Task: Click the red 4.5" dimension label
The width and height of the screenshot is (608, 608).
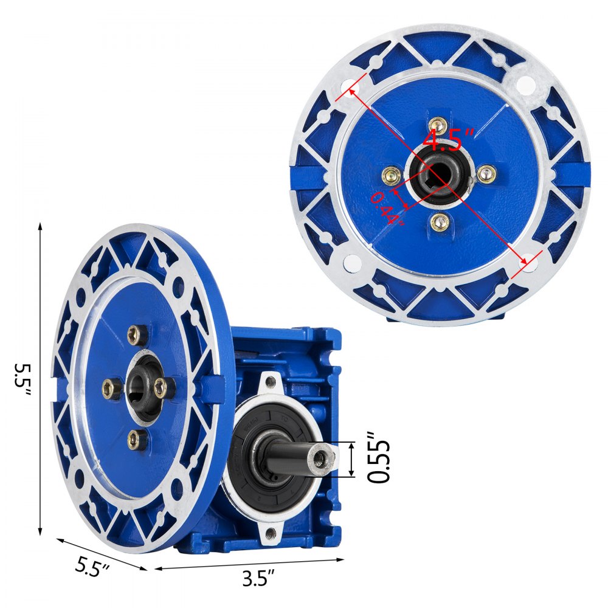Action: [x=448, y=140]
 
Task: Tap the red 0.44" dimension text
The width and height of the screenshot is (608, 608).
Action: [x=386, y=209]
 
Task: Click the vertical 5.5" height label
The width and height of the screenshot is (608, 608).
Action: [x=22, y=379]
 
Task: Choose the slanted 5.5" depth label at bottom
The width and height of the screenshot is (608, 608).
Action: [x=92, y=567]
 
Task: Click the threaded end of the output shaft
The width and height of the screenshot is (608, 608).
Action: [x=322, y=458]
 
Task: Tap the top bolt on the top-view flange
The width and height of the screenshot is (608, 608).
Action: [x=438, y=125]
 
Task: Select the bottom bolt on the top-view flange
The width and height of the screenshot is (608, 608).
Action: [x=440, y=222]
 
